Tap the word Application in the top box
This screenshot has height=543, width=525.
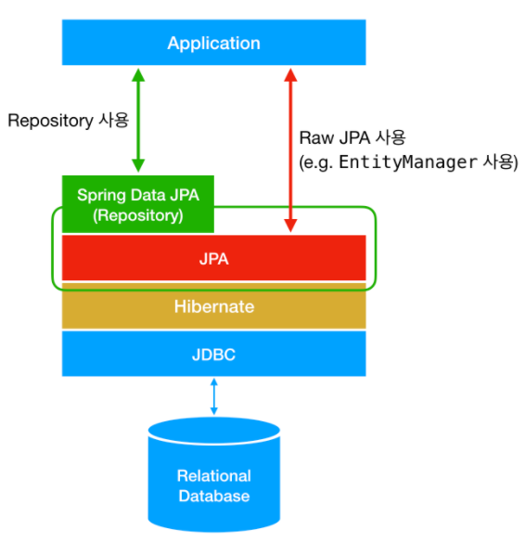coord(213,43)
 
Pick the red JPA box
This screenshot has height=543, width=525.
coord(213,258)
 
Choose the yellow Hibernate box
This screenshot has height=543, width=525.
coord(213,306)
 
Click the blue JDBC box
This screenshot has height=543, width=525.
coord(213,354)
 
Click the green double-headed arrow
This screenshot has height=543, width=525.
coord(138,120)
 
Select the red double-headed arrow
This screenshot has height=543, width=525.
coord(291,149)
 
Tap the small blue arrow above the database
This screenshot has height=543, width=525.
coord(214,396)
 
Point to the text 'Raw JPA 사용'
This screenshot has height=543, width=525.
coord(352,137)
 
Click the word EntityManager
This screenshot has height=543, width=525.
coord(409,162)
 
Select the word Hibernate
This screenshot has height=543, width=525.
coord(213,306)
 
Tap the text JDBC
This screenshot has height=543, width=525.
coord(213,354)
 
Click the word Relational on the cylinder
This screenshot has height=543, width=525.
coord(213,475)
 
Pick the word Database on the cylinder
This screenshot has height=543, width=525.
coord(213,496)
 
